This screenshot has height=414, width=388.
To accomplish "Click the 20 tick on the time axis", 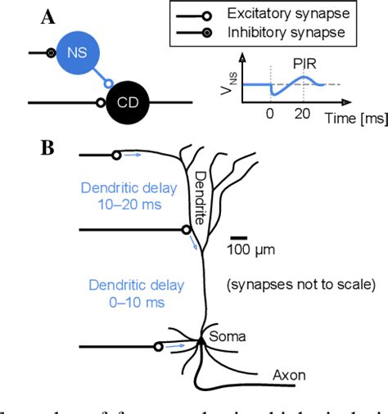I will pyautogui.click(x=302, y=116).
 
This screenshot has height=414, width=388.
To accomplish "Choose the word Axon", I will pyautogui.click(x=289, y=376).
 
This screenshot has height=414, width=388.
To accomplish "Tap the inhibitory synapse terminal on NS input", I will pyautogui.click(x=52, y=53).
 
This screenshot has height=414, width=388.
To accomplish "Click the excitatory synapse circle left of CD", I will pyautogui.click(x=101, y=103).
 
